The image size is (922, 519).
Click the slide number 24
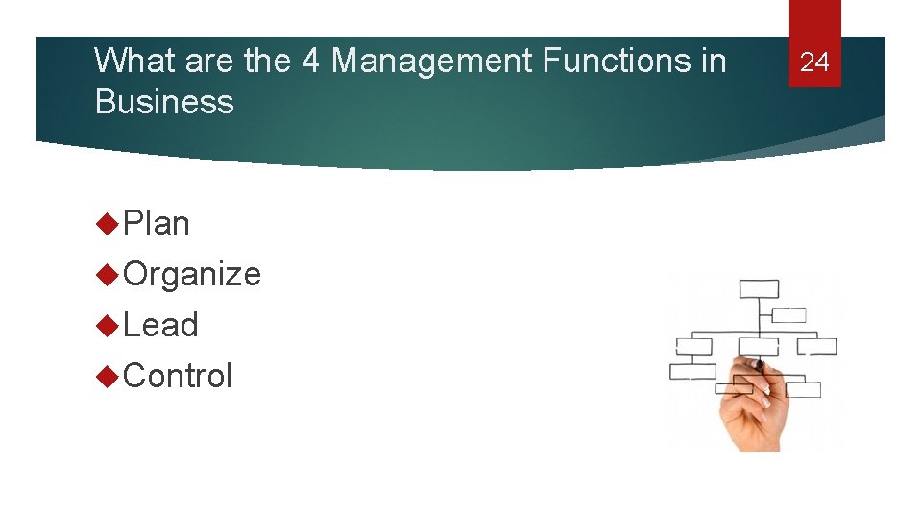[814, 62]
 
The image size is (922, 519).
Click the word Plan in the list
[157, 223]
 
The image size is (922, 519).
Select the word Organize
[192, 274]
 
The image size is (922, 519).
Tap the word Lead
[160, 325]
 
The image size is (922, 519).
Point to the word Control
[178, 376]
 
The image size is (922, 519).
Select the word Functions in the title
[619, 61]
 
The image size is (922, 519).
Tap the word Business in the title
[164, 101]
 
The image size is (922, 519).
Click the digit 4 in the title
[310, 61]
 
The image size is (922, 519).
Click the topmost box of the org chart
[759, 289]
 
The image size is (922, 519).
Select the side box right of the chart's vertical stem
[790, 314]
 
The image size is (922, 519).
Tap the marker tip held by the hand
[758, 365]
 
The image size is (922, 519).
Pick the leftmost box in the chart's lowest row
[692, 372]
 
